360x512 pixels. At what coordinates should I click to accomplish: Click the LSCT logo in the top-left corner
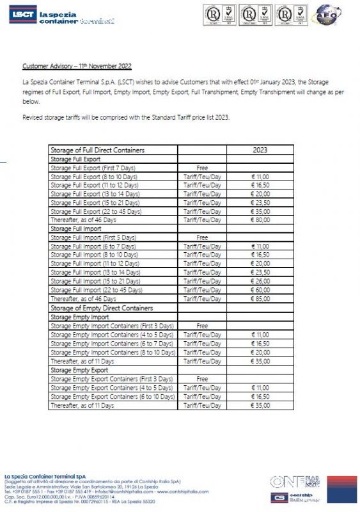(22, 16)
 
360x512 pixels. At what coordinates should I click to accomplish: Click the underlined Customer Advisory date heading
(77, 66)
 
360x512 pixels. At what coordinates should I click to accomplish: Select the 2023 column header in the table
(260, 150)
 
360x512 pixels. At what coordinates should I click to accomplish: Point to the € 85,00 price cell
(260, 299)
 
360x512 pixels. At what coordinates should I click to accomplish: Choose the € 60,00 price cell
(260, 290)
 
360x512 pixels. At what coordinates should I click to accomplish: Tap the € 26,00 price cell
(260, 281)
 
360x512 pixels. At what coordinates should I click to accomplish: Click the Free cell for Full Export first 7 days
(202, 167)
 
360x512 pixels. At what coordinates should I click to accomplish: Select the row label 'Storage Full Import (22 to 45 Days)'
(96, 290)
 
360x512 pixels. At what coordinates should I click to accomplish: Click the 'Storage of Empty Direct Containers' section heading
(101, 308)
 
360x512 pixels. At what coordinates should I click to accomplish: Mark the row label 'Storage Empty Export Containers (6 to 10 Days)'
(111, 397)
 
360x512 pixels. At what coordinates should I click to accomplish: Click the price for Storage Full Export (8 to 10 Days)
(260, 176)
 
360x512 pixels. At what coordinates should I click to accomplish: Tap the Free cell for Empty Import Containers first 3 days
(202, 326)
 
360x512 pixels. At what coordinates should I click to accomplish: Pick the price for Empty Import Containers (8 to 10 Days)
(260, 352)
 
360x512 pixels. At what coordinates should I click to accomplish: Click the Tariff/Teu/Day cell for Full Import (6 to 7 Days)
(202, 246)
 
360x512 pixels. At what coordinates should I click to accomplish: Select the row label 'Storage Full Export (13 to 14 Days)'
(96, 193)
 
